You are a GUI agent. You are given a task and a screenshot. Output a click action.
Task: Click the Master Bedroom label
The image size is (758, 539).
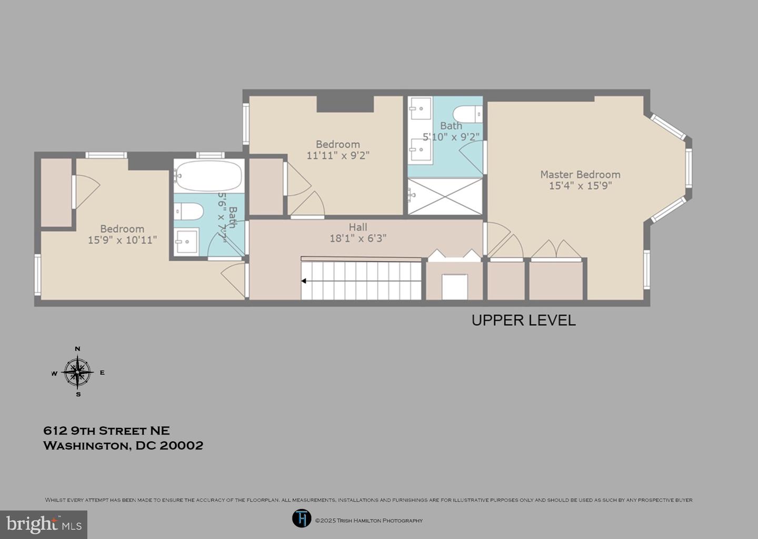coord(580,174)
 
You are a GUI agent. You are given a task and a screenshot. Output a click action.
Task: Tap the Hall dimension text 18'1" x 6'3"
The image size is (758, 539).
coord(358,238)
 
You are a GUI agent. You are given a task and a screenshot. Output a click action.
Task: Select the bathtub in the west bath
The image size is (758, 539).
coord(208,176)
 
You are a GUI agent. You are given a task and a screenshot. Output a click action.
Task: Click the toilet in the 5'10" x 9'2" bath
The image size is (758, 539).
coord(467,113)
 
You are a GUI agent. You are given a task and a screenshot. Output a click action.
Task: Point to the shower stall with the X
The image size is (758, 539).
coord(445,196)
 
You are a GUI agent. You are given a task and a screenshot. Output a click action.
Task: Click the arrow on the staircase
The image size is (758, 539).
coord(305,281)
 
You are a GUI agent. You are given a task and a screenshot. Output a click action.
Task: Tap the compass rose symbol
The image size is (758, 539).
coord(78,372)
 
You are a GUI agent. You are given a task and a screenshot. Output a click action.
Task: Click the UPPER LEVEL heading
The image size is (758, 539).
coord(523,320)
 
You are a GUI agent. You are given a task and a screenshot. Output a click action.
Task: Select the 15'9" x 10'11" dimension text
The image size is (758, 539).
coord(122,240)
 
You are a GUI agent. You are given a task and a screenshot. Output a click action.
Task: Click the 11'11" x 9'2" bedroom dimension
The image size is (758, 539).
coord(338,155)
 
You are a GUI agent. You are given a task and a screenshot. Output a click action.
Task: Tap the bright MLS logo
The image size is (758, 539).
coord(44,525)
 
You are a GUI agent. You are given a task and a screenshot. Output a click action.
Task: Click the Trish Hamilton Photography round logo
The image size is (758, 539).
coord(302,518)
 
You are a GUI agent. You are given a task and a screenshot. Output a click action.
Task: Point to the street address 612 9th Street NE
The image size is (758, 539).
coord(106,431)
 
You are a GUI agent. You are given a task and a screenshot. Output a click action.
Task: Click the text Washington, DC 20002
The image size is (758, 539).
coord(123,445)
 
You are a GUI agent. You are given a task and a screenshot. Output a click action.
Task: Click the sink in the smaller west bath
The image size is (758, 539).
coord(186,241)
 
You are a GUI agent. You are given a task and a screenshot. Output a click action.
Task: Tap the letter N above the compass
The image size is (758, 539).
coord(78,348)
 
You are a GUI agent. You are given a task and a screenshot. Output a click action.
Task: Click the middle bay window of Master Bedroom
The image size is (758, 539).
coord(688,167)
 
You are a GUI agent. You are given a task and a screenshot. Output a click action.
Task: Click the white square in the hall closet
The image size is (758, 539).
coord(454,287)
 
